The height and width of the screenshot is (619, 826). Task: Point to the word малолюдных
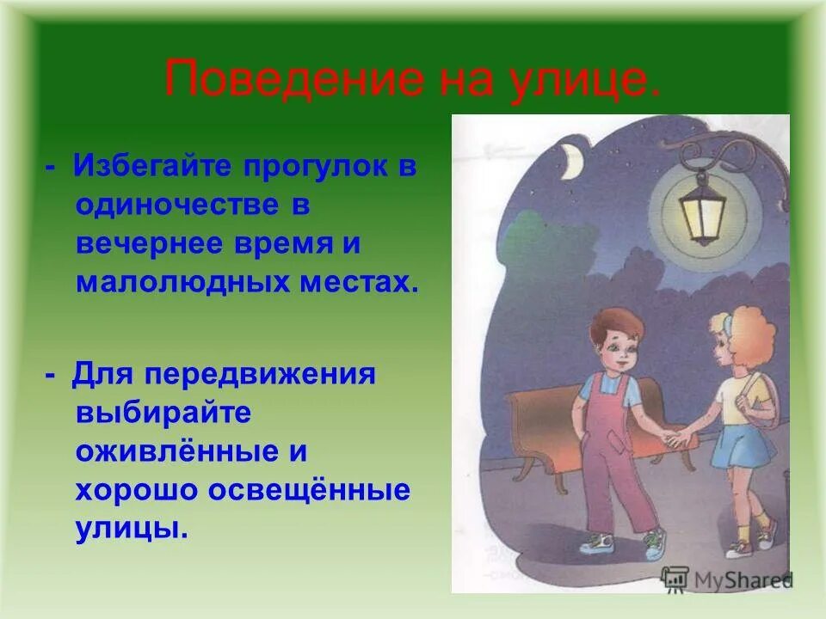(x=182, y=281)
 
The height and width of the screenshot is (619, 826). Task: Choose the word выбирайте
(x=163, y=412)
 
